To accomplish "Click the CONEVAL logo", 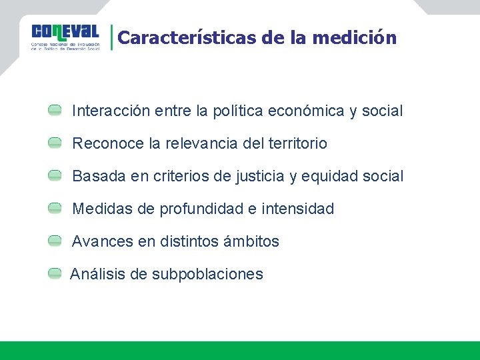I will pos(65,37).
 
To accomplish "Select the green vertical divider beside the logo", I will pos(111,37).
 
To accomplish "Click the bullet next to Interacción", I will pos(55,110).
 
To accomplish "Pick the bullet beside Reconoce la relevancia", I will pos(55,143).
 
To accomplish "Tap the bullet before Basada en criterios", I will pos(55,176).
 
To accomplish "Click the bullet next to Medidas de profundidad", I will pos(55,209).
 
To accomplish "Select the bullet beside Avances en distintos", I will pos(55,241).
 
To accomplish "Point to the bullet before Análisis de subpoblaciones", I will pos(55,274).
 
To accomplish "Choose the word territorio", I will pos(297,143).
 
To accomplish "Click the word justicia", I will pos(260,177).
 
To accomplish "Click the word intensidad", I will pos(297,209).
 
